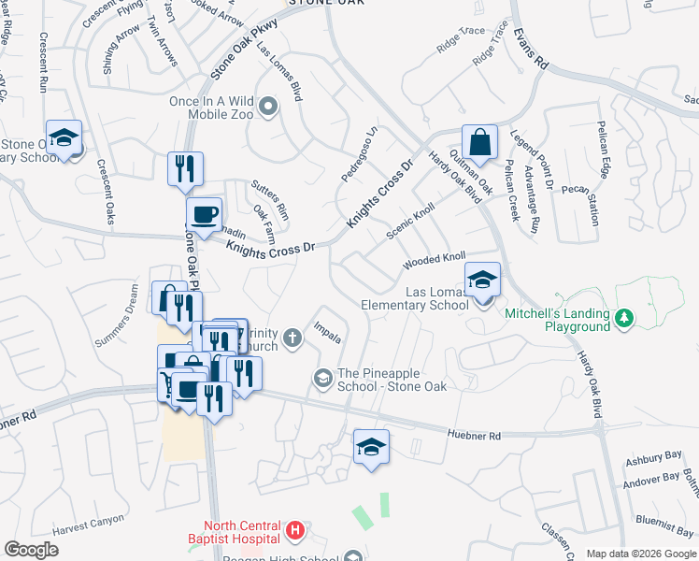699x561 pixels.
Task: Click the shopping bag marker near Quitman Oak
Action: tap(479, 144)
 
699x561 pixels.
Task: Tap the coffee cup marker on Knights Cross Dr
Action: tap(204, 215)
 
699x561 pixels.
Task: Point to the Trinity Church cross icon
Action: tap(292, 338)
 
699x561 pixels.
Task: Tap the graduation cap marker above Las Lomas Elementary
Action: tap(482, 280)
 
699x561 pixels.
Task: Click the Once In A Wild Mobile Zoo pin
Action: tap(269, 107)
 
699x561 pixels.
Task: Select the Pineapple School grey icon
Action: tap(323, 377)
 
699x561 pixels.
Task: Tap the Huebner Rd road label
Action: tap(475, 436)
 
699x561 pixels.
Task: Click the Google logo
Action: tap(31, 550)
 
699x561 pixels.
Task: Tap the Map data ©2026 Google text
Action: tap(640, 554)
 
